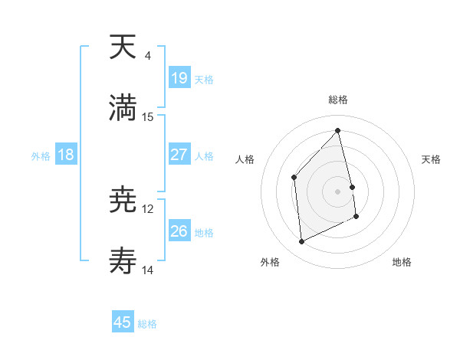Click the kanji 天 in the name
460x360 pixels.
point(123,47)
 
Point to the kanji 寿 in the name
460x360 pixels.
point(123,260)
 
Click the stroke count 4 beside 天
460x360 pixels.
point(148,57)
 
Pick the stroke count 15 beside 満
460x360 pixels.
point(148,116)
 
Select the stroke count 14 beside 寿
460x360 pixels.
point(148,270)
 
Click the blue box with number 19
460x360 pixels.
point(179,77)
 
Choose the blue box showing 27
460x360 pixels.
point(179,154)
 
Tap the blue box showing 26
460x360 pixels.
point(179,231)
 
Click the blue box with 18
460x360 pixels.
point(66,155)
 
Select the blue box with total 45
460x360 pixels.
point(123,322)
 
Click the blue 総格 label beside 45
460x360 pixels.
point(147,324)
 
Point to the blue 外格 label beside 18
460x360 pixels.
point(41,155)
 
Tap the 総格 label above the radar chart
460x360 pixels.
point(338,100)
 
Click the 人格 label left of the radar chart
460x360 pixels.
point(245,159)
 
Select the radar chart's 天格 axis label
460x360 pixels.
point(431,159)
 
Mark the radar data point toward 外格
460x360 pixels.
point(301,242)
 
